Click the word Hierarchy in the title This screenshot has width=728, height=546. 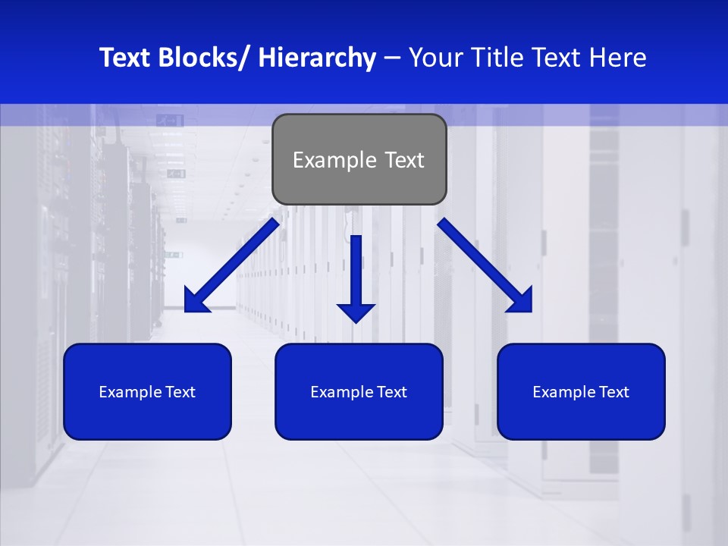316,58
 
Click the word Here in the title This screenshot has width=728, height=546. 617,58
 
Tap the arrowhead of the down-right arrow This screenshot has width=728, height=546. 519,299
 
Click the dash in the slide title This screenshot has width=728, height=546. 392,58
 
